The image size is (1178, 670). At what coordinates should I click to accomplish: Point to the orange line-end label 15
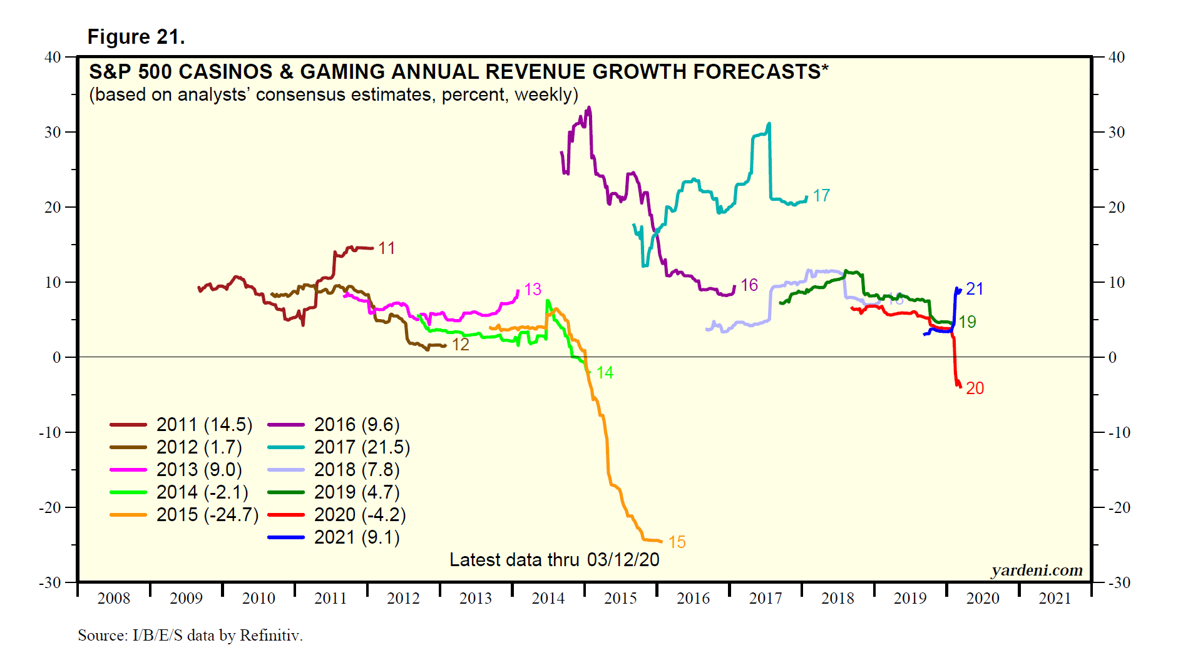point(677,542)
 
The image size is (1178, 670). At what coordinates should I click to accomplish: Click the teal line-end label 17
point(821,196)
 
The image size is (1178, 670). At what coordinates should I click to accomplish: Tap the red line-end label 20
point(975,388)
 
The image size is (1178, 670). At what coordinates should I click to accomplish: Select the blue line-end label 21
point(975,289)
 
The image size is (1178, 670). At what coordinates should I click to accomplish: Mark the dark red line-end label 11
point(387,248)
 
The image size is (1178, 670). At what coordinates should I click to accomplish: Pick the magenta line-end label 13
point(533,290)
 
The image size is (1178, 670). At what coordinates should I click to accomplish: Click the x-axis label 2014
point(548,599)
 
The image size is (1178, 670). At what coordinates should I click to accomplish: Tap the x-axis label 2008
point(114,599)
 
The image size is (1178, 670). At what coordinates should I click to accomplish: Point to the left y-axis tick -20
point(50,507)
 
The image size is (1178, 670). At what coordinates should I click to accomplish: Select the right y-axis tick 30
point(1117,132)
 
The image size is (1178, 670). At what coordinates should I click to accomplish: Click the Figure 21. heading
point(136,37)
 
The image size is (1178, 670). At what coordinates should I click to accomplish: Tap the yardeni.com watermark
point(1037,570)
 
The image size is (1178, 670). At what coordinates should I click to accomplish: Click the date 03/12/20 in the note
point(623,560)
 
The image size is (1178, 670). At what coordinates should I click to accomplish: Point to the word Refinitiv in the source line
point(270,636)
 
